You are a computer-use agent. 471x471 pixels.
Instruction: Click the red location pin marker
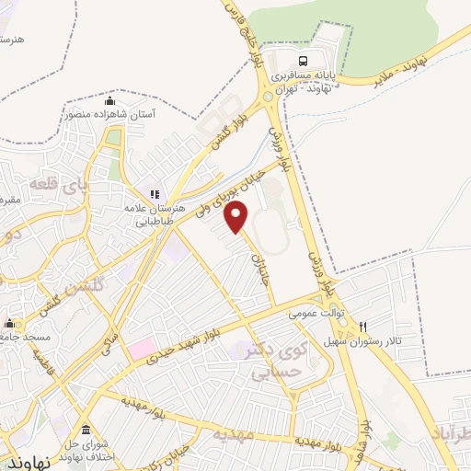(x=237, y=216)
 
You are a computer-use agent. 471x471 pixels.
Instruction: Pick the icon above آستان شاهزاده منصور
(x=110, y=101)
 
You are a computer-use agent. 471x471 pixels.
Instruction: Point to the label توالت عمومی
(x=315, y=313)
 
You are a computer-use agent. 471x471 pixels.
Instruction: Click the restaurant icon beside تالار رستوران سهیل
(x=363, y=327)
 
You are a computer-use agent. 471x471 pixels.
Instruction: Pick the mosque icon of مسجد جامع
(x=10, y=324)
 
